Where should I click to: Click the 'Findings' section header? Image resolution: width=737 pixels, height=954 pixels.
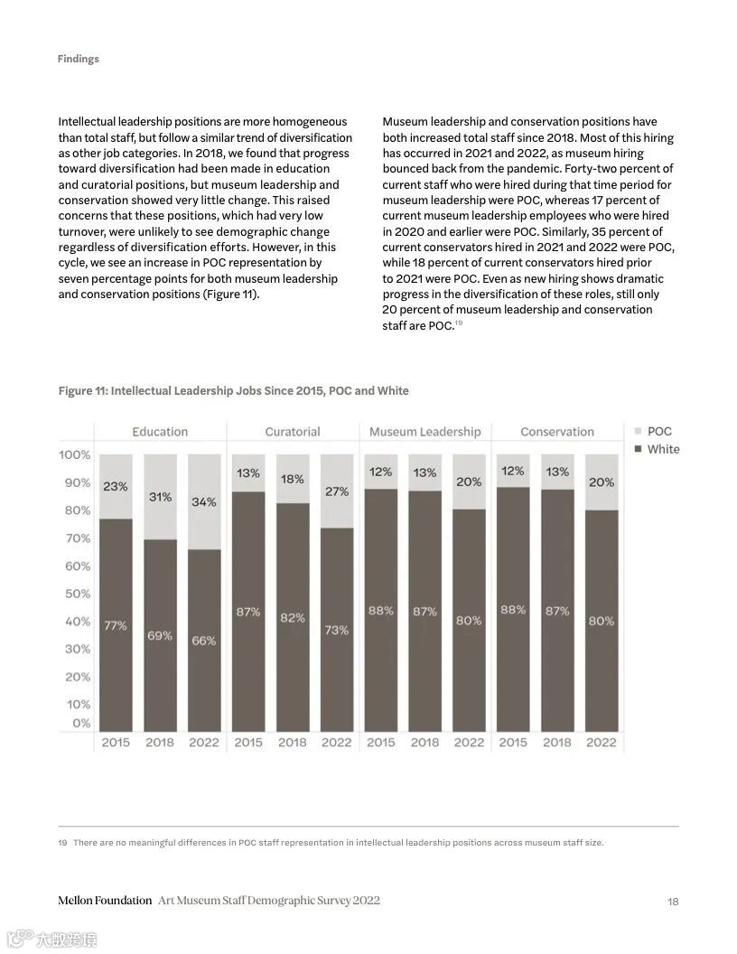(78, 59)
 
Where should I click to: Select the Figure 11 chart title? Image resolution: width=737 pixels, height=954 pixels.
(233, 390)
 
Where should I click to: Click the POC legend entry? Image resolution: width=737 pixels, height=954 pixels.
(658, 431)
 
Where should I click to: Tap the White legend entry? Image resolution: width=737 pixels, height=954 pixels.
(662, 449)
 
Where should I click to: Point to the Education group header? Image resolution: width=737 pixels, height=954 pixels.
(160, 432)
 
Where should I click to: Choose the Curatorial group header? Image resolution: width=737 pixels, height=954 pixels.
(292, 432)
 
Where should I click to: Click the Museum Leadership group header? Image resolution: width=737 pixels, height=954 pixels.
(424, 432)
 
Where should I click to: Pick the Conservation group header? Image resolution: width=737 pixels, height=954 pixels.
(557, 432)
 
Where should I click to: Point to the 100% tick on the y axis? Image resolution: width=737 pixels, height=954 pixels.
(75, 454)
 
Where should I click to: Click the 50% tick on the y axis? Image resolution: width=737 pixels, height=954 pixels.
(77, 594)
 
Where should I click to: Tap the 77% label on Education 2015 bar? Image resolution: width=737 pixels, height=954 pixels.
(116, 625)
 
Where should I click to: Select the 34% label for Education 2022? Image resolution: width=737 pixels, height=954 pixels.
(203, 501)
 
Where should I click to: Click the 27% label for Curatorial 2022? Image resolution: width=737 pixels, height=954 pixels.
(336, 491)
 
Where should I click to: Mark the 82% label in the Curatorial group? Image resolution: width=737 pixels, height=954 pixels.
(292, 618)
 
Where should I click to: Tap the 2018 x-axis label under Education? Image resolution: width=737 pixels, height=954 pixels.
(160, 743)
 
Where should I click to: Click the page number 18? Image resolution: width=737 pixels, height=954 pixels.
(673, 901)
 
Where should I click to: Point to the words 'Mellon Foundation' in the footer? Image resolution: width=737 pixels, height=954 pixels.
(105, 901)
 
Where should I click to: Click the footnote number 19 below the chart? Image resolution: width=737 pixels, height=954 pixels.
(62, 843)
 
